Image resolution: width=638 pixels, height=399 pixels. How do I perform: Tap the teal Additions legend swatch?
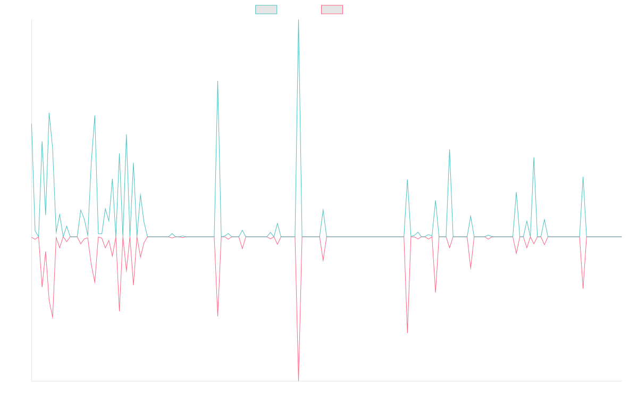[x=266, y=10]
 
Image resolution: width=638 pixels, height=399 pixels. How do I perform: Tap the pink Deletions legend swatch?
[x=332, y=10]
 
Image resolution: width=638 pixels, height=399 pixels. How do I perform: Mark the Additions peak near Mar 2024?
[x=298, y=20]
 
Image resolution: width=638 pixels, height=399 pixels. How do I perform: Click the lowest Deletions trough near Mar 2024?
[x=298, y=380]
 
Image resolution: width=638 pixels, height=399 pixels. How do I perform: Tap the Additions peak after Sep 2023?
[x=217, y=81]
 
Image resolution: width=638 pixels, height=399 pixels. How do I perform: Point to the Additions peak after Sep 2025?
[x=583, y=177]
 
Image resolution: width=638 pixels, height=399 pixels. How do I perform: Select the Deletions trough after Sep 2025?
[x=583, y=288]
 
